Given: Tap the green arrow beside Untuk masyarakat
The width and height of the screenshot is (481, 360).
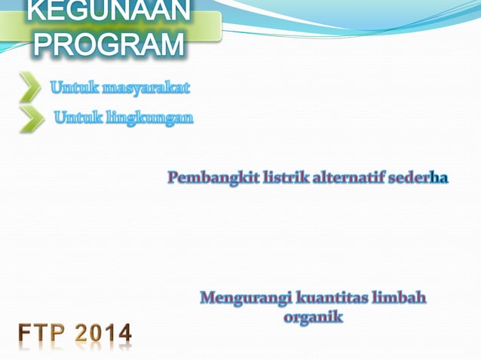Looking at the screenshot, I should [30, 87].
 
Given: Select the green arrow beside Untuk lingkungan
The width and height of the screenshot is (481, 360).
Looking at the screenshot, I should [31, 118].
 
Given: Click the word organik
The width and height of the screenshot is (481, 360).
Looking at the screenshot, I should [313, 317].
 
